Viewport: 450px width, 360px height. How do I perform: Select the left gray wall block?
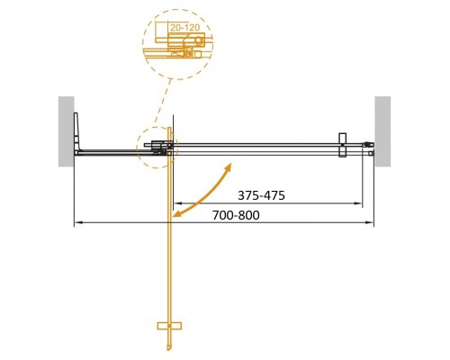pos(66,130)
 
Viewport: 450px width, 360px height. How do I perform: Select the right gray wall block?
pos(383,130)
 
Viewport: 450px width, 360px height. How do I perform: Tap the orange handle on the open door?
pos(169,324)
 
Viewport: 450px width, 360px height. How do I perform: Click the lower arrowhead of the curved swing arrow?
pos(177,216)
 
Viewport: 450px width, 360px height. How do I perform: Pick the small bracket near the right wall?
pos(342,146)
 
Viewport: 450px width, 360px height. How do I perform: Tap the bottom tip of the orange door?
pos(169,349)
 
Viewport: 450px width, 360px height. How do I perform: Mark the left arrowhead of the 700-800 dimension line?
pos(76,222)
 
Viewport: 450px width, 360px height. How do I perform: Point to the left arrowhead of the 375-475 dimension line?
pos(175,202)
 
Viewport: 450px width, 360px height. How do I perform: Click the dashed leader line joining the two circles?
pos(162,103)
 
